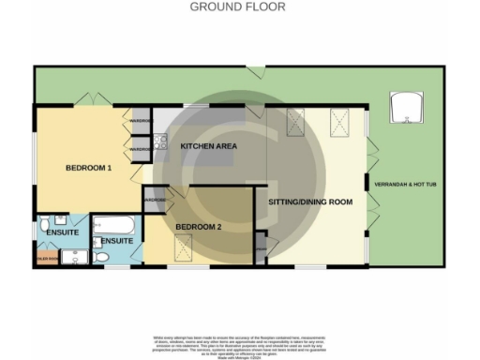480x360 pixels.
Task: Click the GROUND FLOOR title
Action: pyautogui.click(x=238, y=7)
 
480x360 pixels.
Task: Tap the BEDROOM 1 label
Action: pyautogui.click(x=88, y=168)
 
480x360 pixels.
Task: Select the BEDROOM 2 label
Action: pyautogui.click(x=199, y=227)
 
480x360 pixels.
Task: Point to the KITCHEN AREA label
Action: pyautogui.click(x=208, y=146)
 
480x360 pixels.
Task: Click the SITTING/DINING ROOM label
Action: pyautogui.click(x=310, y=202)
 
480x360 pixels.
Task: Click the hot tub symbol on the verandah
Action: pyautogui.click(x=406, y=108)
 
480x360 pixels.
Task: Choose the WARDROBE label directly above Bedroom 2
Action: pyautogui.click(x=154, y=200)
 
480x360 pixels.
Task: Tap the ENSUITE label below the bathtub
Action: pyautogui.click(x=117, y=241)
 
